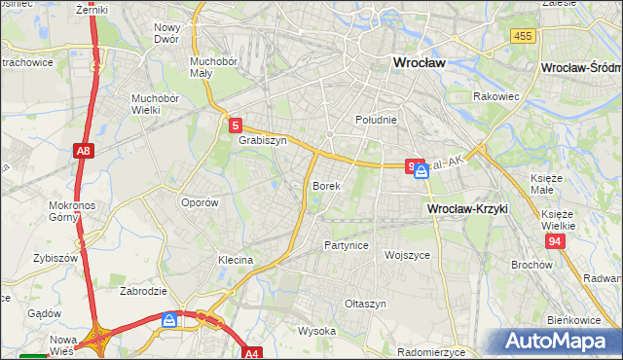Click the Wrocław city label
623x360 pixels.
pos(418,62)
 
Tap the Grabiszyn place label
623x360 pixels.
pos(262,140)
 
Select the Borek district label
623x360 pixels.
pos(325,185)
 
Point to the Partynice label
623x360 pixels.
pos(347,245)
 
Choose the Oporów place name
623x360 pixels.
pos(200,202)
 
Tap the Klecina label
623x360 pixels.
pos(235,261)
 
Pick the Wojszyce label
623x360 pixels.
pos(407,255)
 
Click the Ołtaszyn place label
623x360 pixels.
pos(366,304)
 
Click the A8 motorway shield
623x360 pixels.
pos(84,152)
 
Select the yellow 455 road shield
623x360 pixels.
pos(522,36)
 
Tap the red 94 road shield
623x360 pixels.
pos(555,240)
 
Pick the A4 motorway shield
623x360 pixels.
pos(252,354)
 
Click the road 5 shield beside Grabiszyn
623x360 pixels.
pos(236,125)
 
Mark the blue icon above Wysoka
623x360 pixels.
pos(170,319)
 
